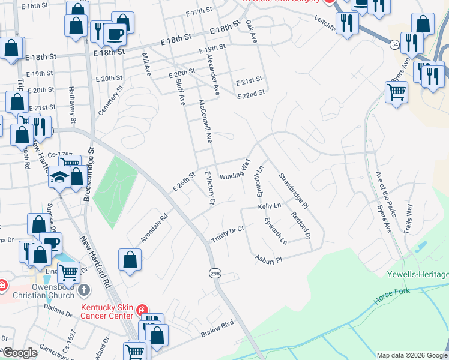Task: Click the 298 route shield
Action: pyautogui.click(x=214, y=273)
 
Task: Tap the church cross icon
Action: pyautogui.click(x=85, y=290)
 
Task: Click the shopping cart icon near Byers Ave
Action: pyautogui.click(x=396, y=93)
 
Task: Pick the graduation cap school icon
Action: pyautogui.click(x=59, y=178)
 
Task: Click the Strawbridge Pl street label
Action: pyautogui.click(x=293, y=190)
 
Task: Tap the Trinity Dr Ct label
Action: pyautogui.click(x=228, y=235)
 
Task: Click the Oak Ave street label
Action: pyautogui.click(x=252, y=32)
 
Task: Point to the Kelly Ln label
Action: pyautogui.click(x=270, y=206)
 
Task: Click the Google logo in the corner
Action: pyautogui.click(x=19, y=353)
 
